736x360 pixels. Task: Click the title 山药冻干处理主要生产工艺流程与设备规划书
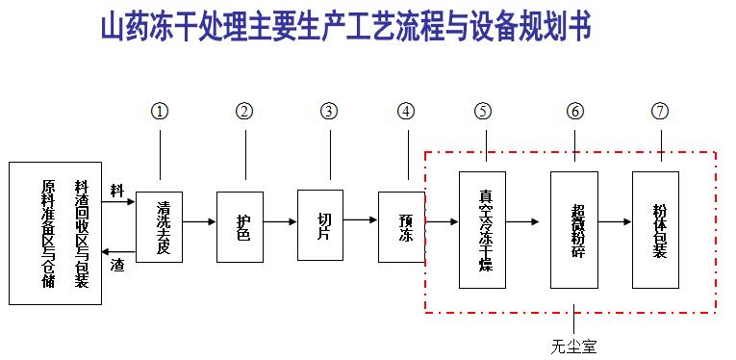pyautogui.click(x=345, y=28)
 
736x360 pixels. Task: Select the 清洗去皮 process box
pyautogui.click(x=159, y=227)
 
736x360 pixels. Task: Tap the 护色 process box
pyautogui.click(x=240, y=226)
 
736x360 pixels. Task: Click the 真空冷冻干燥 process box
pyautogui.click(x=482, y=229)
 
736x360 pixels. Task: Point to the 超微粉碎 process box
pyautogui.click(x=574, y=230)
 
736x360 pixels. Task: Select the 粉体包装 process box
pyautogui.click(x=655, y=226)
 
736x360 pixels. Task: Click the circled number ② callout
pyautogui.click(x=244, y=111)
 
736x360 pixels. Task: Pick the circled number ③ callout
pyautogui.click(x=330, y=111)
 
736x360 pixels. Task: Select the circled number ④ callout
pyautogui.click(x=408, y=111)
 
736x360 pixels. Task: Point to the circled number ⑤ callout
pyautogui.click(x=483, y=111)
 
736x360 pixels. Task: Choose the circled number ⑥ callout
pyautogui.click(x=575, y=111)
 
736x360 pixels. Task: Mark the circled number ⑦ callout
pyautogui.click(x=659, y=111)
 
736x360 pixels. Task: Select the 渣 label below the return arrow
pyautogui.click(x=117, y=262)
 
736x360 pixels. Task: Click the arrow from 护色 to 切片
pyautogui.click(x=280, y=221)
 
